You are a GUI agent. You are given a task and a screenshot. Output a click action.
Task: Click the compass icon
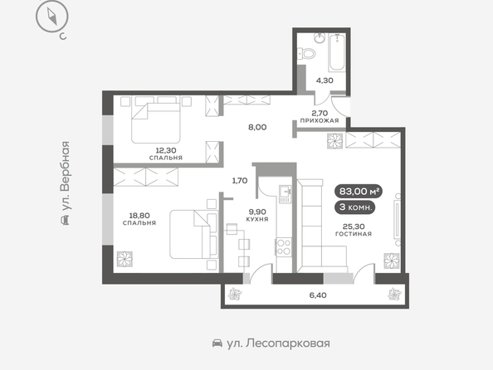click(52, 17)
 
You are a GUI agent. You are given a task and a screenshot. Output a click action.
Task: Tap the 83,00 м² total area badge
click(359, 191)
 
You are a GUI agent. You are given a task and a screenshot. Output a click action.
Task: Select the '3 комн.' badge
click(355, 207)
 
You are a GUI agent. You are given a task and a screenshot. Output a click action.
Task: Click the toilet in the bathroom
click(306, 53)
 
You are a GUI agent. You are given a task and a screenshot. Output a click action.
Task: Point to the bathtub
click(337, 52)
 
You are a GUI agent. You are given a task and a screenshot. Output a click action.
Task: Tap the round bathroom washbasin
click(320, 39)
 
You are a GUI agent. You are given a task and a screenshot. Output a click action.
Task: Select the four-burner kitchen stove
click(284, 247)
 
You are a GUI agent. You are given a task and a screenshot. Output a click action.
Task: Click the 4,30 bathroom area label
click(325, 80)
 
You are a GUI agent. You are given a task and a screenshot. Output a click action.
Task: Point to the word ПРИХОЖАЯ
click(320, 121)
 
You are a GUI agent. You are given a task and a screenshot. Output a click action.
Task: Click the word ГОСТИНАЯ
click(354, 234)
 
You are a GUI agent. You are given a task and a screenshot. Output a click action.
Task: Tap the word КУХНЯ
click(257, 219)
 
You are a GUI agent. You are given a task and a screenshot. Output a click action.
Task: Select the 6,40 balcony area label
click(318, 295)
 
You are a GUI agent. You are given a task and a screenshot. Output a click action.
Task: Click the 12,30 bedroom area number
click(166, 151)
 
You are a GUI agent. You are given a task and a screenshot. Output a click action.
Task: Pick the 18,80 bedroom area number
click(139, 216)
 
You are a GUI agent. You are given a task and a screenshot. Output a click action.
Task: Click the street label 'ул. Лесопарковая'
click(278, 343)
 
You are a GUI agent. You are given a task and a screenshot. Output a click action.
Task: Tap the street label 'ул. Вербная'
click(65, 176)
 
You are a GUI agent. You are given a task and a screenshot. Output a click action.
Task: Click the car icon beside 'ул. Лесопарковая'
click(217, 343)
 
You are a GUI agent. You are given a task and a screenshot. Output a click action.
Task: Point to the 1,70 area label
click(240, 181)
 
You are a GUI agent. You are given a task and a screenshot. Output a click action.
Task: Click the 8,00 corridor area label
click(257, 127)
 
